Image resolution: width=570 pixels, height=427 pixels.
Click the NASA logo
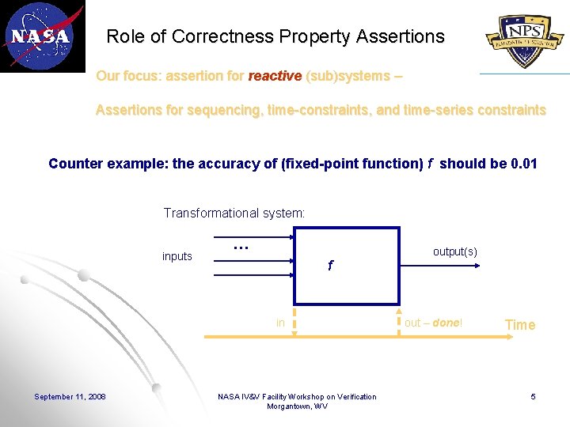(41, 36)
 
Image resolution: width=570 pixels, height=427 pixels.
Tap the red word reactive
(275, 76)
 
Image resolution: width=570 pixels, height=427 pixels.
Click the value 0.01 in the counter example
(525, 164)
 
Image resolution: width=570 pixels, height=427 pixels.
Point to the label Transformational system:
(234, 213)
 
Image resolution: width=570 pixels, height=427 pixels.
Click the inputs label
(177, 256)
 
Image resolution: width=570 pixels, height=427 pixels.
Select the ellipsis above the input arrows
(241, 247)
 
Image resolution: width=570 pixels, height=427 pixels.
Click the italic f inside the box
(330, 266)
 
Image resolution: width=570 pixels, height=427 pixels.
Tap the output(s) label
(454, 251)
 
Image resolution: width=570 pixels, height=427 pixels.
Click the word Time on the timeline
(520, 325)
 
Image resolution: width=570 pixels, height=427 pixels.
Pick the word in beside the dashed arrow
(280, 323)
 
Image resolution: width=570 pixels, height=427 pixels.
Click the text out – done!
(433, 323)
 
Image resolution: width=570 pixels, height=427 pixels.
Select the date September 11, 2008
(70, 396)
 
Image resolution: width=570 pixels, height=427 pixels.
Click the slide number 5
(533, 396)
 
